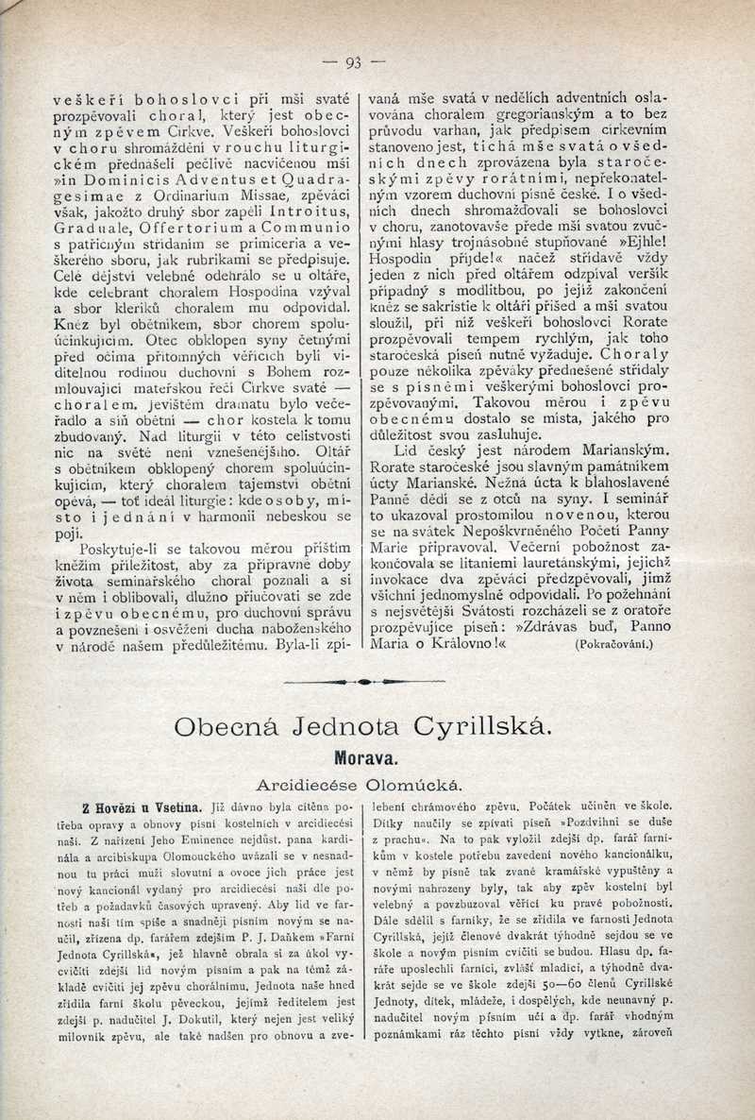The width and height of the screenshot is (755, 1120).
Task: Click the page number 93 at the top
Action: [354, 63]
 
